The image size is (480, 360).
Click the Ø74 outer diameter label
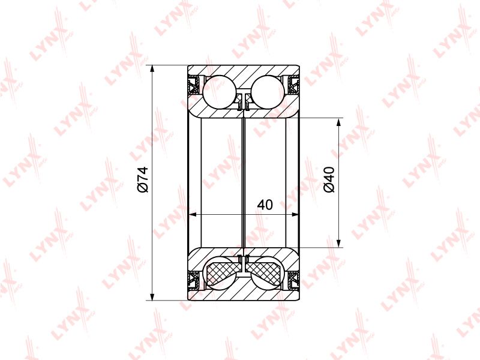(143, 179)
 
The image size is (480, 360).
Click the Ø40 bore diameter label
(329, 179)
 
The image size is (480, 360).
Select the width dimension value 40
(265, 205)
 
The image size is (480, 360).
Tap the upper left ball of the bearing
(220, 92)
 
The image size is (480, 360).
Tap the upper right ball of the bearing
(268, 92)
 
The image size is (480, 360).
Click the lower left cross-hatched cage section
(222, 271)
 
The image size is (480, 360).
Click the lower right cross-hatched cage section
(265, 271)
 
